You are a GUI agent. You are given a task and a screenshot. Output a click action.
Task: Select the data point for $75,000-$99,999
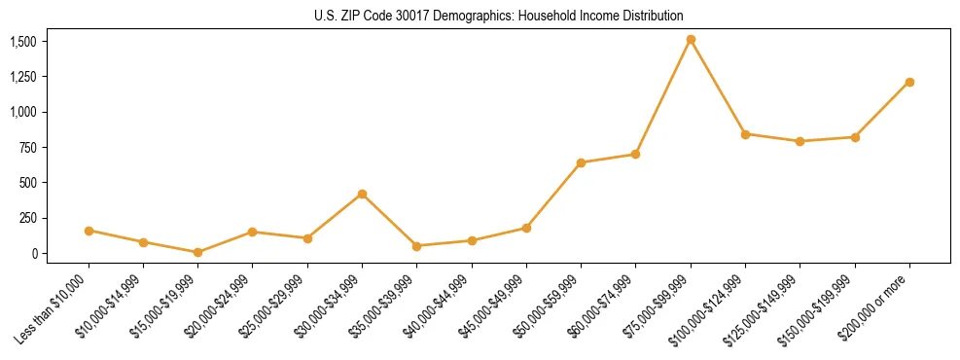point(691,40)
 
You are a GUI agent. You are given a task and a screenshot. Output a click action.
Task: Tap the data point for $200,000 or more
point(909,82)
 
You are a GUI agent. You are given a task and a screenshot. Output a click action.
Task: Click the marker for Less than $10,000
point(89,231)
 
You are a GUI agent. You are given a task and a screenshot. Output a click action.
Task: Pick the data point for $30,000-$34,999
point(362,194)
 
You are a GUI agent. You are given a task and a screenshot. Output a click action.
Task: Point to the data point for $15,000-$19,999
point(197,252)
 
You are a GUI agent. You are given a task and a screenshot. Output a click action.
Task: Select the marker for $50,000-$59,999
point(581,162)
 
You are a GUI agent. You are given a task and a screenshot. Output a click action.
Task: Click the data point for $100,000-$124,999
point(745,134)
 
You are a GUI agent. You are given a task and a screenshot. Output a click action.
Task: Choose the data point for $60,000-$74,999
point(635,154)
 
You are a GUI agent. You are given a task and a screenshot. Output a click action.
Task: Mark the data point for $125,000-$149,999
point(800,141)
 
